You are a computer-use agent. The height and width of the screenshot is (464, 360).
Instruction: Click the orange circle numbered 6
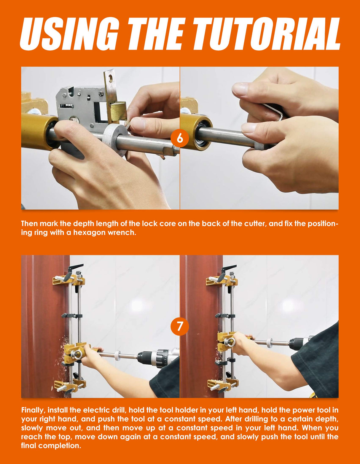tap(180, 138)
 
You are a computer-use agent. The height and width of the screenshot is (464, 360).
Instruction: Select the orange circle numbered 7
tap(180, 326)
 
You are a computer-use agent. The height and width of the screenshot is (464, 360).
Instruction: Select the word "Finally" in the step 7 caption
tap(33, 410)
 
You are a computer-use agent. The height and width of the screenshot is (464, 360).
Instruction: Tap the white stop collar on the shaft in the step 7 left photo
tap(117, 355)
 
